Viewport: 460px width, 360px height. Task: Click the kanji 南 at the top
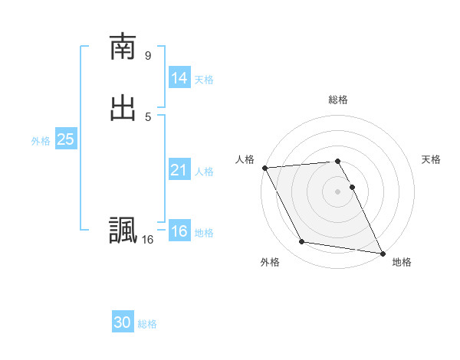coord(122,47)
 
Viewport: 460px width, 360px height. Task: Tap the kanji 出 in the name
coord(122,108)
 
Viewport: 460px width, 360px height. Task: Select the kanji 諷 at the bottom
coord(122,230)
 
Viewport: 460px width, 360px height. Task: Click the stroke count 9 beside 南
coord(148,55)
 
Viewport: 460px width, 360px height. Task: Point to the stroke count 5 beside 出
coord(148,116)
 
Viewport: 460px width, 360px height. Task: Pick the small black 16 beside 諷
coord(147,240)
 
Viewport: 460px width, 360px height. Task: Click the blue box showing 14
coord(179,78)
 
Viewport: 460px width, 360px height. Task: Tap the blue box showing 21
coord(179,170)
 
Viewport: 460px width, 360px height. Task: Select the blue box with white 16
coord(179,231)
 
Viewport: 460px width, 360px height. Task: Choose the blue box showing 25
coord(65,139)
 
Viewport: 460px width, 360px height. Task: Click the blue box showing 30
coord(122,322)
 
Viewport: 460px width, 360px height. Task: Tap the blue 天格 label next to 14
coord(204,80)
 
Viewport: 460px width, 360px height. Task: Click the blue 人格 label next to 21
coord(204,172)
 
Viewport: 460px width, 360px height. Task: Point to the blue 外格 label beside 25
coord(41,141)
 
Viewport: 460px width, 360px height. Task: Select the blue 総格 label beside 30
coord(147,324)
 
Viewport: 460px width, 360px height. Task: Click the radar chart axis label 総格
coord(338,100)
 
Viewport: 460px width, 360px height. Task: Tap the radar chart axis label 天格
coord(432,159)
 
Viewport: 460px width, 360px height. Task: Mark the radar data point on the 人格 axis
coord(264,168)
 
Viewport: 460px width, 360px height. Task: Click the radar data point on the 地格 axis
coord(383,253)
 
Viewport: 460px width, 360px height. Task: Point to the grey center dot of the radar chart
coord(338,191)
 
